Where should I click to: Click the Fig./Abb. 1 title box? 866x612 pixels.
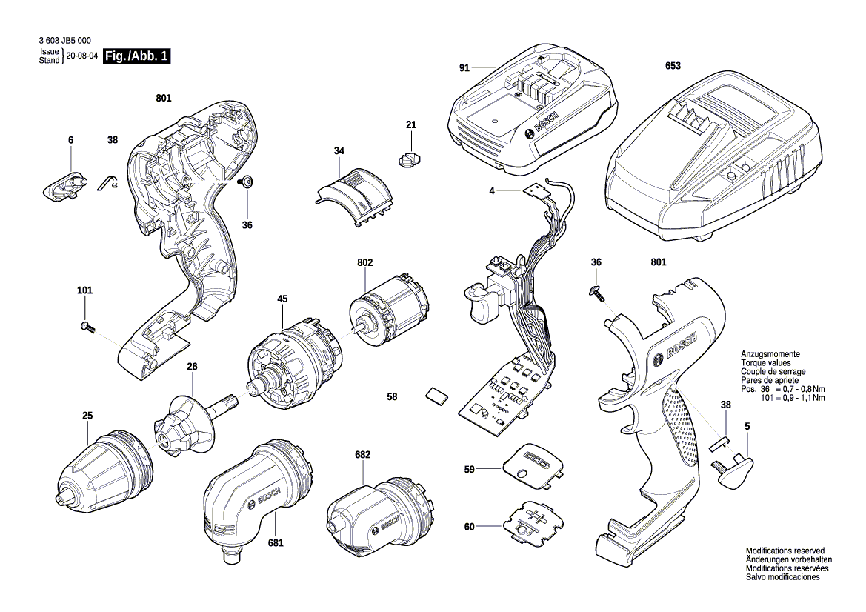[137, 56]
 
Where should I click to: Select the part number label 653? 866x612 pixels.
[673, 66]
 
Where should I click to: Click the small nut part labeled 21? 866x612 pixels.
[410, 159]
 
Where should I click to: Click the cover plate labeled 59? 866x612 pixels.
[536, 468]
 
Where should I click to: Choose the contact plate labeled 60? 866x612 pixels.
[535, 524]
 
